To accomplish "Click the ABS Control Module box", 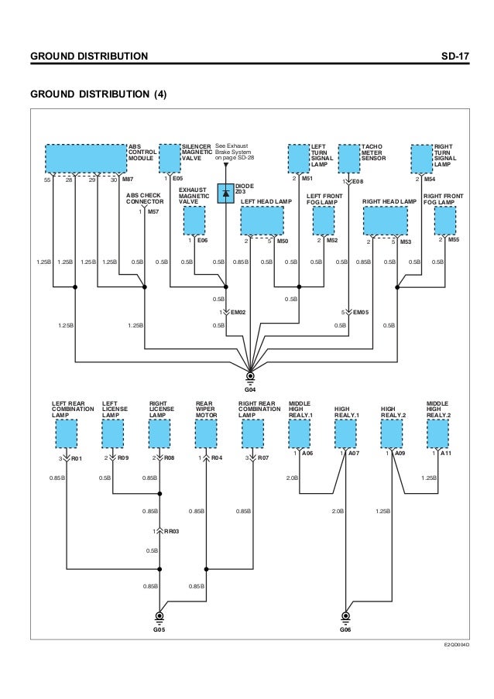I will pyautogui.click(x=85, y=158).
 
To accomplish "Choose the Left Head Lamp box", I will pyautogui.click(x=262, y=221).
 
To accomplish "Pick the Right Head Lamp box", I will pyautogui.click(x=385, y=221).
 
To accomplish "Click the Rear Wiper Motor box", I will pyautogui.click(x=207, y=433).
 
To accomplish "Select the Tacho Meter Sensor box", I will pyautogui.click(x=349, y=158).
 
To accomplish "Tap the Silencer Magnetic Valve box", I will pyautogui.click(x=169, y=158).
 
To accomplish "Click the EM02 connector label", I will pyautogui.click(x=238, y=312).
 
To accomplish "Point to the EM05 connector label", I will pyautogui.click(x=362, y=312).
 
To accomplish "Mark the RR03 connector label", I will pyautogui.click(x=171, y=531).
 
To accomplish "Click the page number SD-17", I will pyautogui.click(x=451, y=57).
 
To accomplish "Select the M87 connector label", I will pyautogui.click(x=128, y=180).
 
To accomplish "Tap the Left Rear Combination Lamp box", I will pyautogui.click(x=67, y=433).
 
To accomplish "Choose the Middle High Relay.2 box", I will pyautogui.click(x=437, y=433).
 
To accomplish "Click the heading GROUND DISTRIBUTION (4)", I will pyautogui.click(x=98, y=94).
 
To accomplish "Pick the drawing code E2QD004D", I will pyautogui.click(x=458, y=644).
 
